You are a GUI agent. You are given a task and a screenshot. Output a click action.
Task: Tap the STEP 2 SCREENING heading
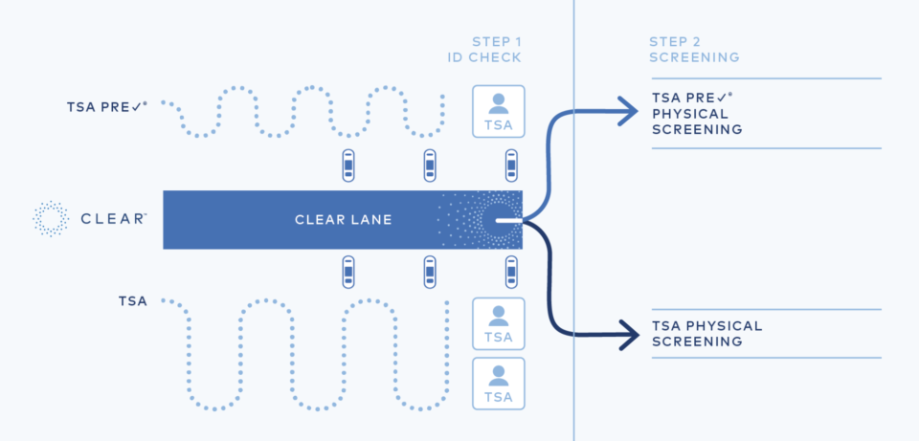coord(694,49)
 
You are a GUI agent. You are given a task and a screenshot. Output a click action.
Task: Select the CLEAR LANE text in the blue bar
coord(344,220)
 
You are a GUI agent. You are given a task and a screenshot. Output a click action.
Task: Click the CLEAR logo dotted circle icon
coord(51,219)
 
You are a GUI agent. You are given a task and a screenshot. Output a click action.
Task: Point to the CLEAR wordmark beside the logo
coord(114,219)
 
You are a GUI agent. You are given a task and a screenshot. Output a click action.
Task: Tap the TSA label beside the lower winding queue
coord(133,301)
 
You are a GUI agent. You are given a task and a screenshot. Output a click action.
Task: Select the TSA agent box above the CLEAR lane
coord(499,111)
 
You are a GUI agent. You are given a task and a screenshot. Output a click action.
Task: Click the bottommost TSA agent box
coord(499,383)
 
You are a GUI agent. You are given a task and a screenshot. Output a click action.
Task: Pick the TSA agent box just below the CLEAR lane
coord(499,323)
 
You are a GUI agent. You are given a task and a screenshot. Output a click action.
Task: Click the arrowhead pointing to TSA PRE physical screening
coord(628,113)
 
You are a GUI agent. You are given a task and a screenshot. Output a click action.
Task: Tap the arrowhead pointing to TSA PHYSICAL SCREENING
coord(628,335)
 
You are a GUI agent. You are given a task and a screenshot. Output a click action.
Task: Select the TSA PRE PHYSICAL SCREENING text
coord(697,113)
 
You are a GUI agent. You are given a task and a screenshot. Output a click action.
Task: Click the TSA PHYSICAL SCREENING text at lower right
coord(706,333)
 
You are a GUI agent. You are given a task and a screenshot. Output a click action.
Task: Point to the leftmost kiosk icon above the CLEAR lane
coord(348,166)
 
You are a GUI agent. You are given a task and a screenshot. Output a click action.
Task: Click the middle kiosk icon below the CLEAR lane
coord(431,274)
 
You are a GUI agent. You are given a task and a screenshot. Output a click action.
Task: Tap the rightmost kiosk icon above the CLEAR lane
coord(511,166)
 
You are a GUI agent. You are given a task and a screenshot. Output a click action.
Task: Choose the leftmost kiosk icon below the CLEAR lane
coord(348,274)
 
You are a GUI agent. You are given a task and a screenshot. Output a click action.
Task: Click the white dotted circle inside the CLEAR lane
coord(498,220)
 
